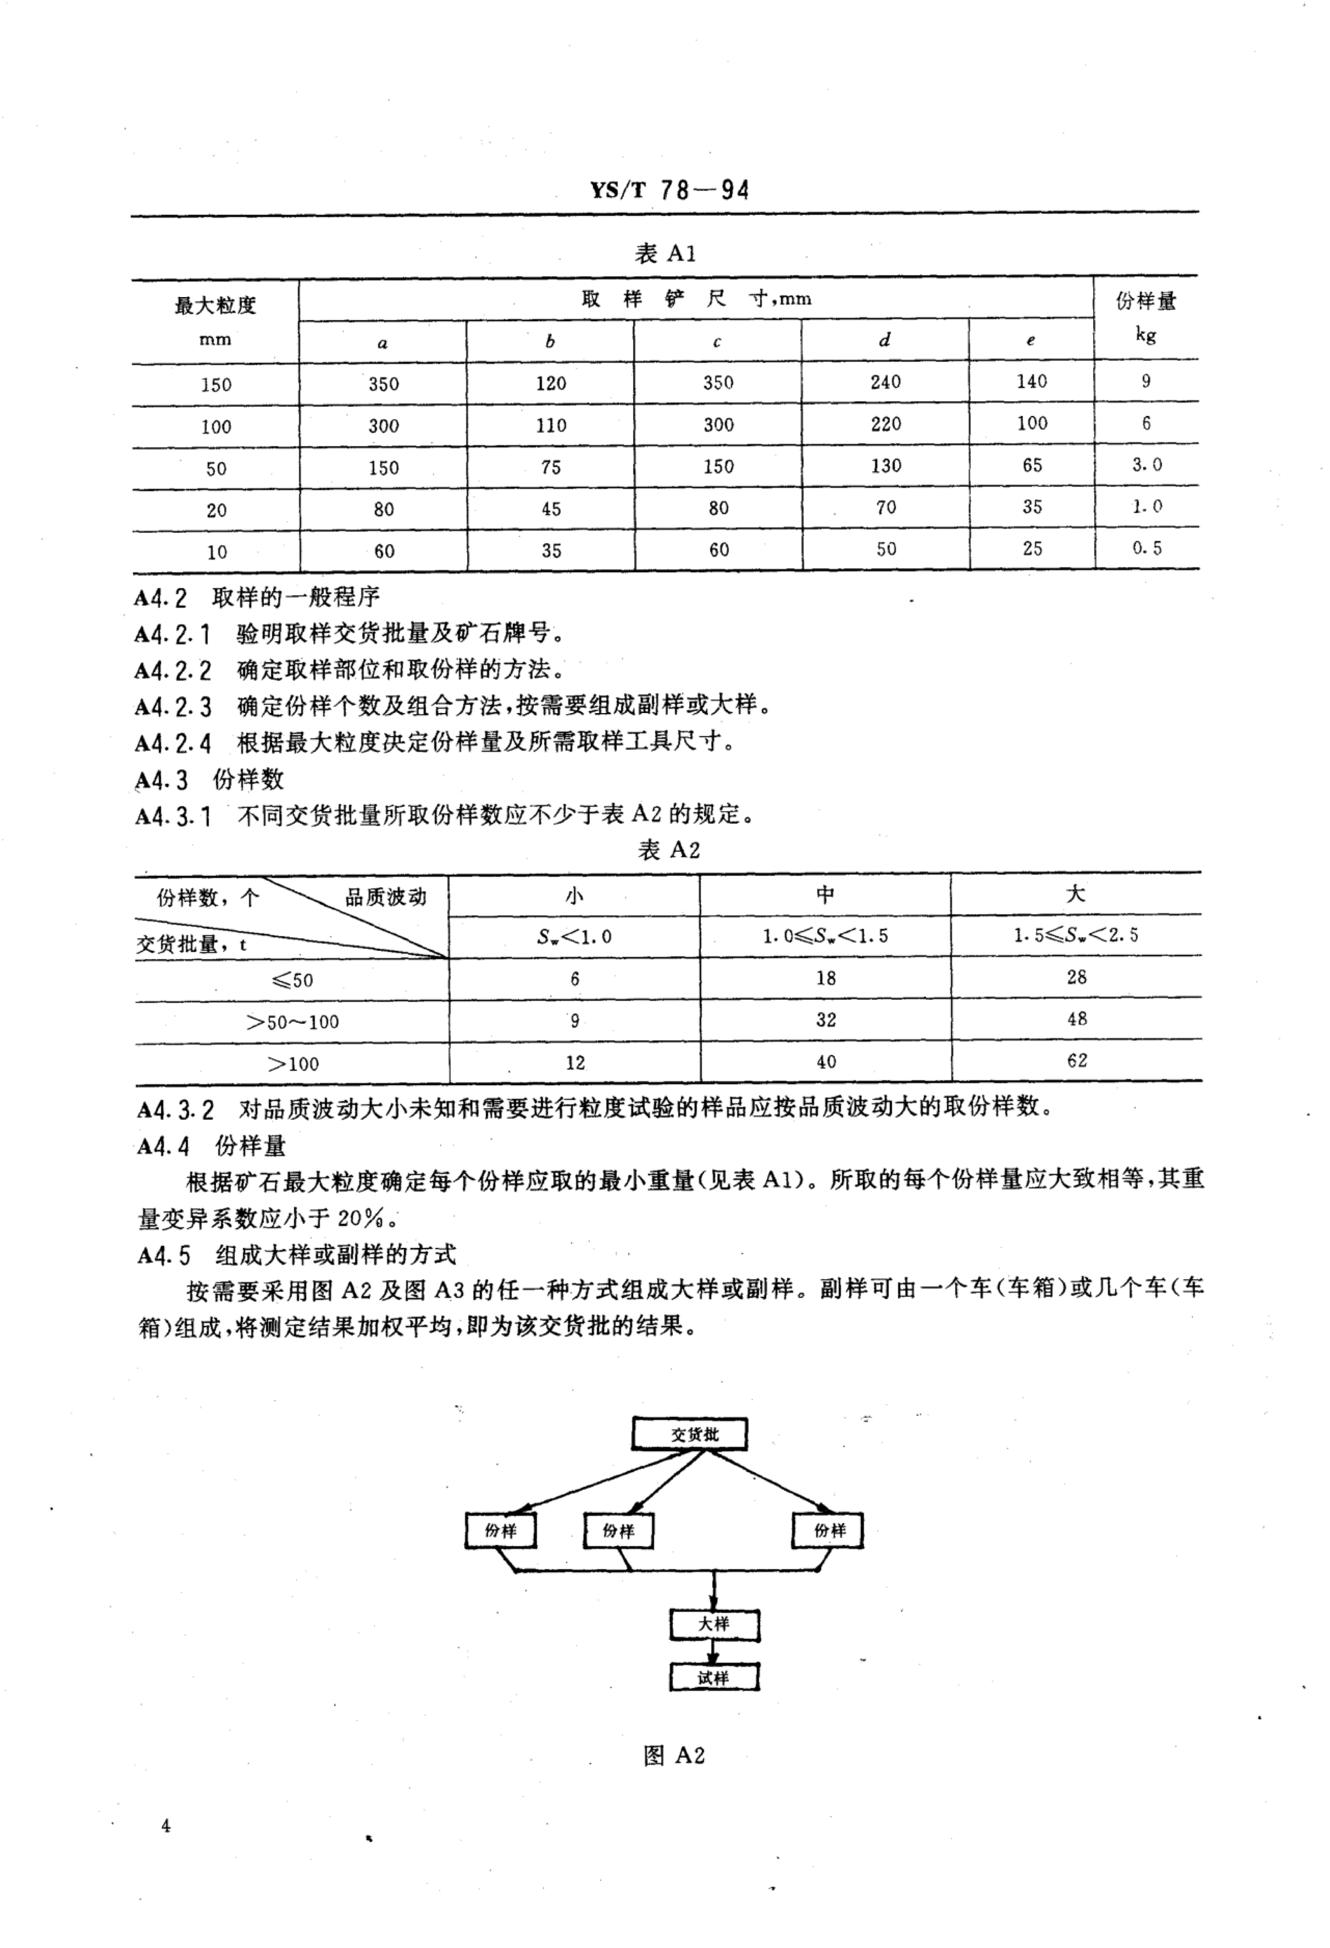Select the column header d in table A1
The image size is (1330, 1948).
[885, 340]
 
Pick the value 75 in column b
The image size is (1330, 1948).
[551, 467]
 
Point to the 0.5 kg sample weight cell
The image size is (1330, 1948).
[1146, 548]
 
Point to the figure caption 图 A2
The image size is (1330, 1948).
[673, 1755]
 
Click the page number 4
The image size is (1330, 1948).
[166, 1826]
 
